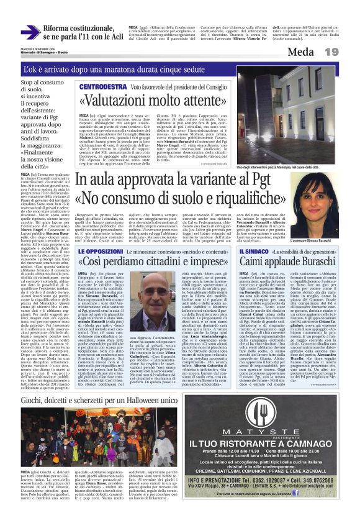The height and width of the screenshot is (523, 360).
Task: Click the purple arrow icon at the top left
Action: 30,32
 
